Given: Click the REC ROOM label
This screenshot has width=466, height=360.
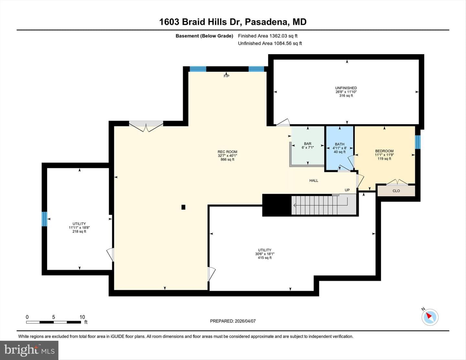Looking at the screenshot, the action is (x=227, y=152).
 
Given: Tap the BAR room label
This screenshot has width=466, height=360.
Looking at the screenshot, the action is (x=307, y=143).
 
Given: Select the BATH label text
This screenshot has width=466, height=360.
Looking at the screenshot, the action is (x=339, y=144).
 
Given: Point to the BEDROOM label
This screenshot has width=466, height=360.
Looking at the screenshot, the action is (x=384, y=151).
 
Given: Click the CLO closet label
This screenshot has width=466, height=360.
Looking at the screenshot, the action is (x=396, y=191).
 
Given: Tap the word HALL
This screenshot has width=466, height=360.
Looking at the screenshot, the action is (x=314, y=181).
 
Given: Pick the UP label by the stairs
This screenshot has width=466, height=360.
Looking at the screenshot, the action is (x=347, y=190).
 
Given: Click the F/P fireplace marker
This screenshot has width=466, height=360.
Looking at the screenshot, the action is (x=227, y=76).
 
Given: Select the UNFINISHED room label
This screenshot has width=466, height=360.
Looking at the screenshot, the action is (x=346, y=88).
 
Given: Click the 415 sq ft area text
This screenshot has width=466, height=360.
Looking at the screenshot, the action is (x=265, y=258).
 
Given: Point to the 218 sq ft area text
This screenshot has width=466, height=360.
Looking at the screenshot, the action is (x=79, y=231).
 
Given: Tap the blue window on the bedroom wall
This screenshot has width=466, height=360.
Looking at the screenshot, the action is (x=417, y=142).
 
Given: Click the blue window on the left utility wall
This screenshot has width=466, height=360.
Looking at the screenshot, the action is (x=44, y=219).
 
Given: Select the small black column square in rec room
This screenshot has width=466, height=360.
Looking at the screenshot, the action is (x=183, y=207).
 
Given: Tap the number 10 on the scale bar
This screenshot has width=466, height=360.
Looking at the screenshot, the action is (x=82, y=317).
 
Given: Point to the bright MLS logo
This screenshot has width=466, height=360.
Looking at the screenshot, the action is (x=29, y=350).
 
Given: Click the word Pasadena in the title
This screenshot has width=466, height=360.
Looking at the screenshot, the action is (x=266, y=22).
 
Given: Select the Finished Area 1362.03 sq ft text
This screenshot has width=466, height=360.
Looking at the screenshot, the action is (x=268, y=36).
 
